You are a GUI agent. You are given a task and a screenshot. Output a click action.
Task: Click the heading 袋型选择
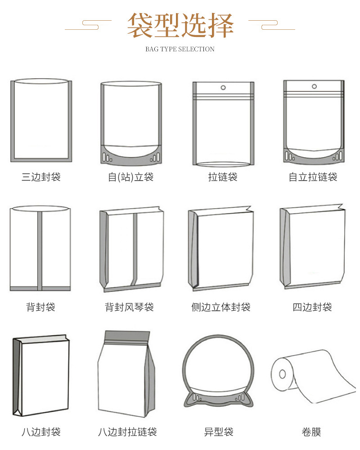(180, 25)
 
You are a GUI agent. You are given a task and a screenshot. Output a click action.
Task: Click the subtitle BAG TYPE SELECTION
(180, 49)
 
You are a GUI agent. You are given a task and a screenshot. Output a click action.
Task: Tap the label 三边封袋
(41, 177)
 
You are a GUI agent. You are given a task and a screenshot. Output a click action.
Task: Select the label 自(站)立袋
(130, 177)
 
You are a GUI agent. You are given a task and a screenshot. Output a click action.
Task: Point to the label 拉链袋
(223, 177)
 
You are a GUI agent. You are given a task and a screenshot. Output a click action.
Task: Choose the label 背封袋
(41, 307)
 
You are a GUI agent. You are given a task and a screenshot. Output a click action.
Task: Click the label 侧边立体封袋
(221, 307)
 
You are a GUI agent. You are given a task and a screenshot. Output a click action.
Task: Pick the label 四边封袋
(312, 307)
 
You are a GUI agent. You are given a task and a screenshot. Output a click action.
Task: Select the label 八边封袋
(41, 432)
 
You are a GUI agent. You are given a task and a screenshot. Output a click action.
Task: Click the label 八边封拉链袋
(128, 432)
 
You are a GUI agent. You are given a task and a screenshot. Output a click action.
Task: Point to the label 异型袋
(219, 432)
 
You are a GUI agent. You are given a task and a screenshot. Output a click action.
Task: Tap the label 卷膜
(311, 432)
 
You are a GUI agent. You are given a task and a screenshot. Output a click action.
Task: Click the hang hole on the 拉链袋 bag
(223, 87)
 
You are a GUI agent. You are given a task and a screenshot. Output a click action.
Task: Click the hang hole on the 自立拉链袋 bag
(313, 86)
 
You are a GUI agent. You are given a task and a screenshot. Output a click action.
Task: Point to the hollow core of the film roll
(282, 374)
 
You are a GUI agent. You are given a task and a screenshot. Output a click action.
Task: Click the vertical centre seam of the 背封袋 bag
(40, 250)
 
